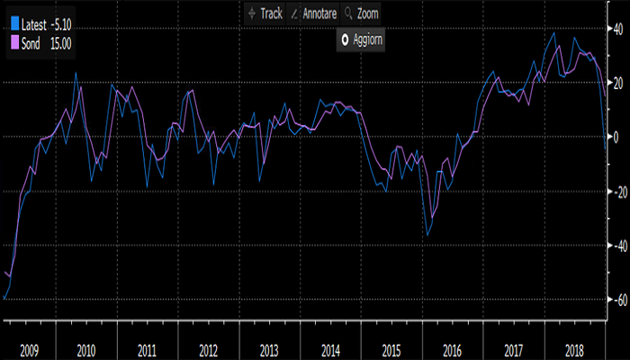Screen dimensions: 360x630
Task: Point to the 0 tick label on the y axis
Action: coord(617,137)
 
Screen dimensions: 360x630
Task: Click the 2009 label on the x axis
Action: coord(29,349)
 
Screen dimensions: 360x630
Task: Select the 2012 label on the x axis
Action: coord(209,349)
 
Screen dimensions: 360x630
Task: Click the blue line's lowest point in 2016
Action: coord(428,236)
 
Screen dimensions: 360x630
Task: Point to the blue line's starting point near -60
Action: coord(4,299)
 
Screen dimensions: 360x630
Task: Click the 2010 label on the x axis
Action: coord(88,349)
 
